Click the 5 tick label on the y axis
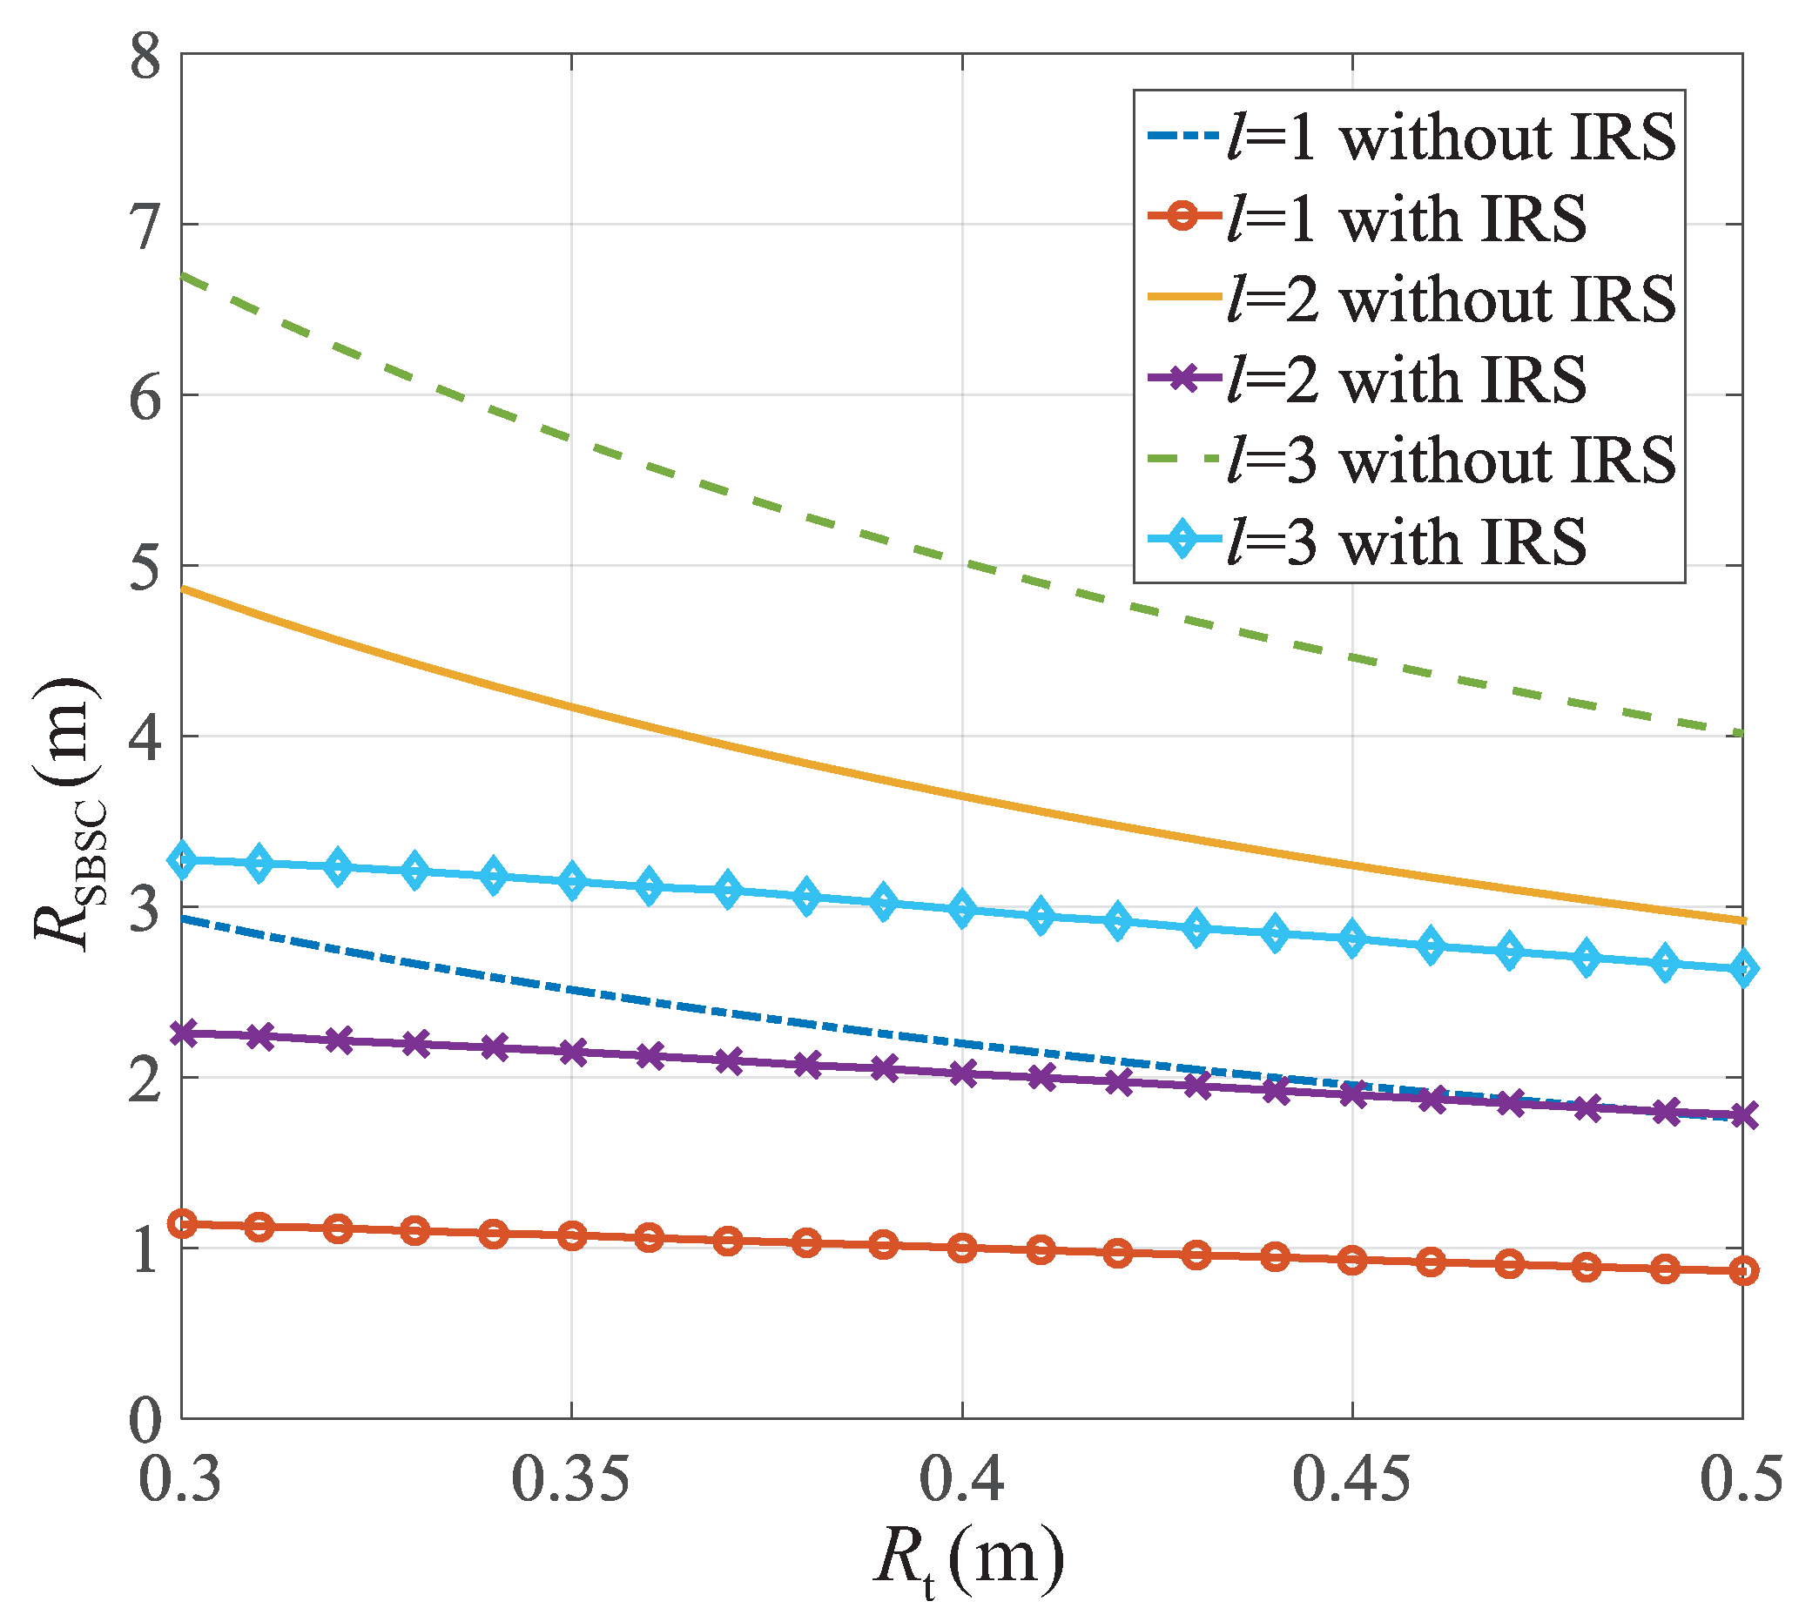click(x=145, y=567)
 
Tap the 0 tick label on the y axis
click(x=145, y=1421)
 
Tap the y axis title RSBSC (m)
click(x=67, y=814)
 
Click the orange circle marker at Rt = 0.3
click(x=183, y=1224)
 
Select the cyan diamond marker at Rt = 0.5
click(x=1742, y=969)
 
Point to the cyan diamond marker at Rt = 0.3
click(x=183, y=860)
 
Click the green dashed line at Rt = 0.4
click(x=962, y=563)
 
